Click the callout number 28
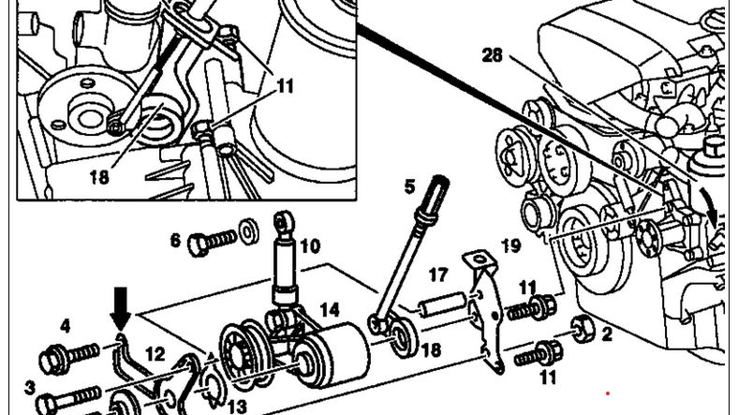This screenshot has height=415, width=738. pos(493,55)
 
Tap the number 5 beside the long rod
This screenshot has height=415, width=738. pos(410,186)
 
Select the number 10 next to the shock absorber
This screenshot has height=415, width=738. pos(310,246)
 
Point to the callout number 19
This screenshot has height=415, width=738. pos(511,245)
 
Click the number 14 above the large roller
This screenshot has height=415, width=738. pos(330,309)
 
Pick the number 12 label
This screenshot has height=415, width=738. pos(155,354)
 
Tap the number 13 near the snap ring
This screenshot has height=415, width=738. pos(237,407)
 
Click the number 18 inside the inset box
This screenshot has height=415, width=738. pos(99,177)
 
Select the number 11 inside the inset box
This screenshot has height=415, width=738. pos(285,86)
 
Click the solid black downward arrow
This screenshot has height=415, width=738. pos(122,308)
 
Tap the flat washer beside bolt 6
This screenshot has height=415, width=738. pos(248,231)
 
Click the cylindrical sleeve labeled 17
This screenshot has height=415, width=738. pos(442,305)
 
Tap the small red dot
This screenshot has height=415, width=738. pos(608,393)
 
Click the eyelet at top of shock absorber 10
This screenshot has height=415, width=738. pos(284,221)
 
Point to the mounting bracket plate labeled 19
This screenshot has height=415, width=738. pos(486,310)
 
